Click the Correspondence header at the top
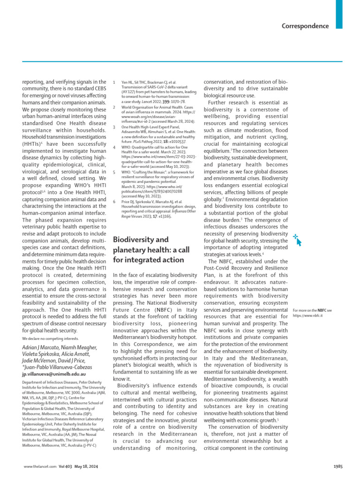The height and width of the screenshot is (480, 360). (305, 26)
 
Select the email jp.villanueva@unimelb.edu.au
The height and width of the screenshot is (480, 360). (54, 375)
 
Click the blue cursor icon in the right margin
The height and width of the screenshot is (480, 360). (297, 227)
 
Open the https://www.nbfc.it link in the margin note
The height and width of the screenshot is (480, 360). (308, 315)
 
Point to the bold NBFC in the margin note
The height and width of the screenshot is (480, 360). (322, 310)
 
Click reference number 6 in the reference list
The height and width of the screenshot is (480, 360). (114, 201)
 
